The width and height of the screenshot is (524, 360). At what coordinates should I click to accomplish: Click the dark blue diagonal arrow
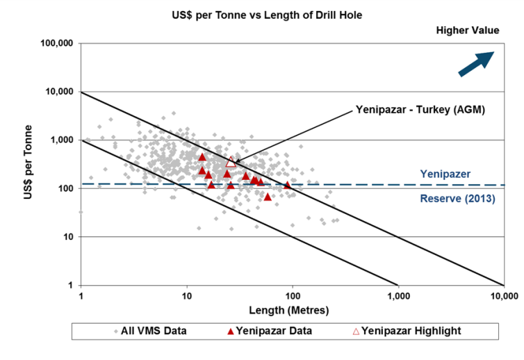[x=476, y=63]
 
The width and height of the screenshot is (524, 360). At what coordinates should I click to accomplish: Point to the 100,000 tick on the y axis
[x=58, y=43]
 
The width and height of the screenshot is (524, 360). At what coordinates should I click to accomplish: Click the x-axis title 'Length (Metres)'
[x=293, y=309]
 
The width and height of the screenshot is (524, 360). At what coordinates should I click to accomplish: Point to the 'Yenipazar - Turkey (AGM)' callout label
[x=420, y=109]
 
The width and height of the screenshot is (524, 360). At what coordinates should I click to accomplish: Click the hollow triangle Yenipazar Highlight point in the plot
[x=231, y=162]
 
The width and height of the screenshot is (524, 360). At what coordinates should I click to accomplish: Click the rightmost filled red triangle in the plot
[x=287, y=185]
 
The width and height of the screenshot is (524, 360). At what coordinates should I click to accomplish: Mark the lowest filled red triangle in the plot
[x=268, y=197]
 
